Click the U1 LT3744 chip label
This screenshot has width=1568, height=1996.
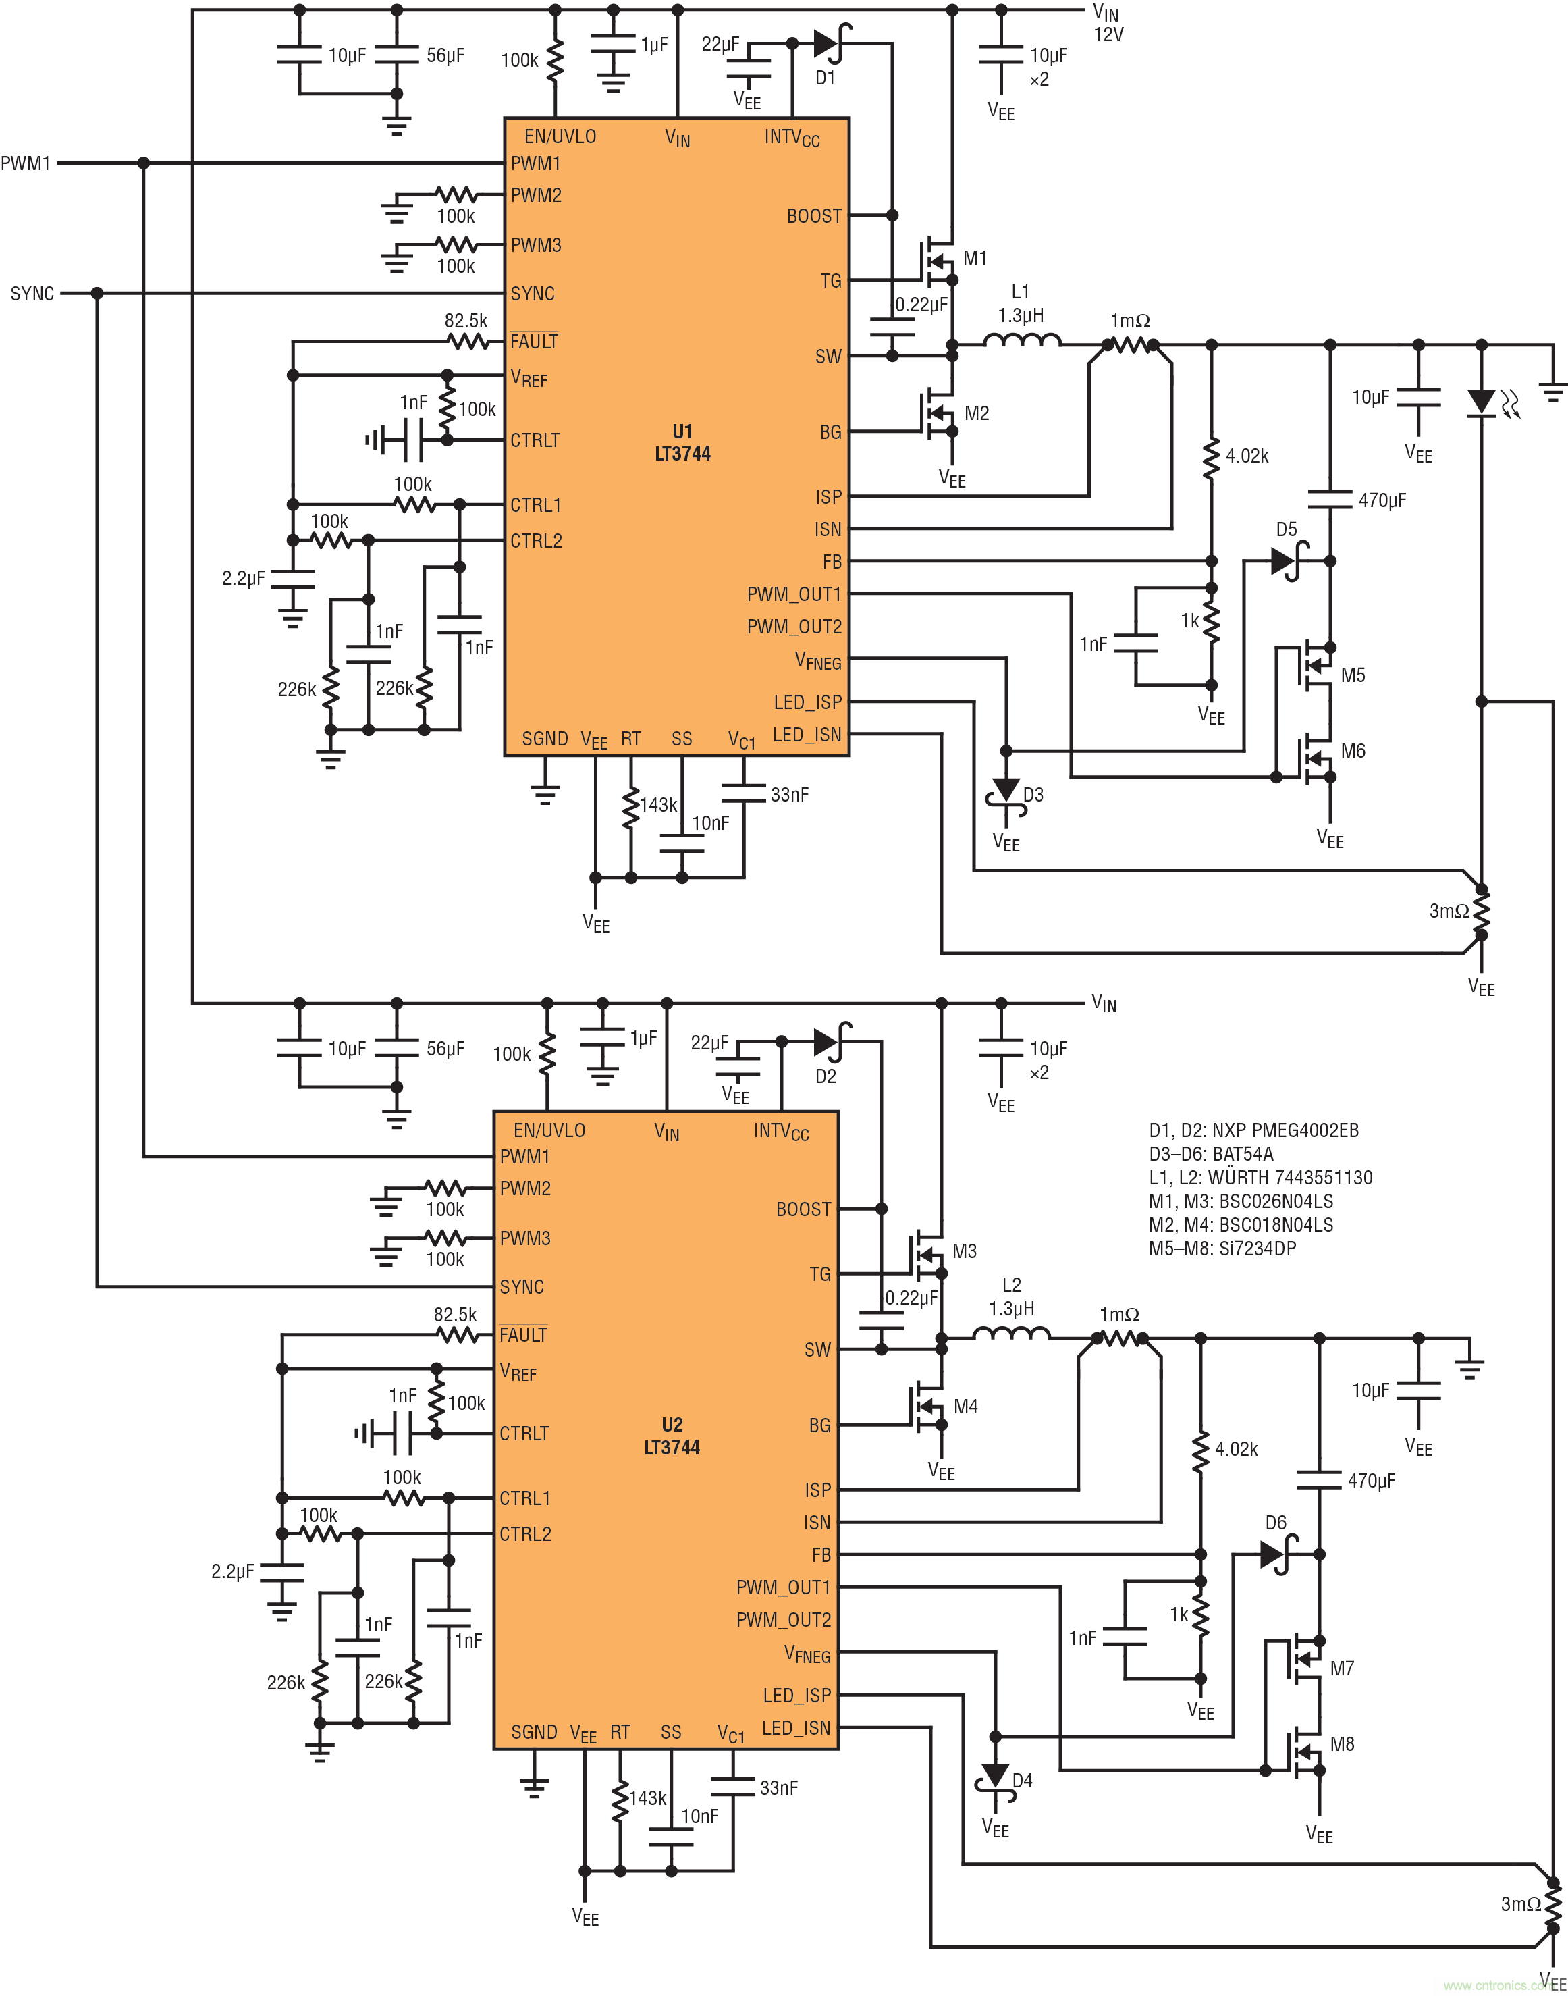coord(682,442)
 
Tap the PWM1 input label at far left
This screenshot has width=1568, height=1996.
coord(25,163)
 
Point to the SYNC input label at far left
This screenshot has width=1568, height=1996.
coord(32,294)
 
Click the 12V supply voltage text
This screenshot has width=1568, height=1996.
coord(1108,35)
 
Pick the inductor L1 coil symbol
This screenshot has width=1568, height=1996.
coord(1022,342)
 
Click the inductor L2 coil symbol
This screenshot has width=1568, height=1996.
coord(1012,1335)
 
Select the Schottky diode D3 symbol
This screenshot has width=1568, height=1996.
coord(1006,791)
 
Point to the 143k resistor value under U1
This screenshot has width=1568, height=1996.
coord(658,805)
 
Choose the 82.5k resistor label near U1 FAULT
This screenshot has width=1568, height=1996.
coord(466,321)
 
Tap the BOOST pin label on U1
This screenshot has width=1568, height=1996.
coord(813,216)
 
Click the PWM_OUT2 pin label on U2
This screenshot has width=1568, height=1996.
coord(783,1621)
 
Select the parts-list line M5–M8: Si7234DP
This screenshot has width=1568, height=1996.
coord(1222,1248)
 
